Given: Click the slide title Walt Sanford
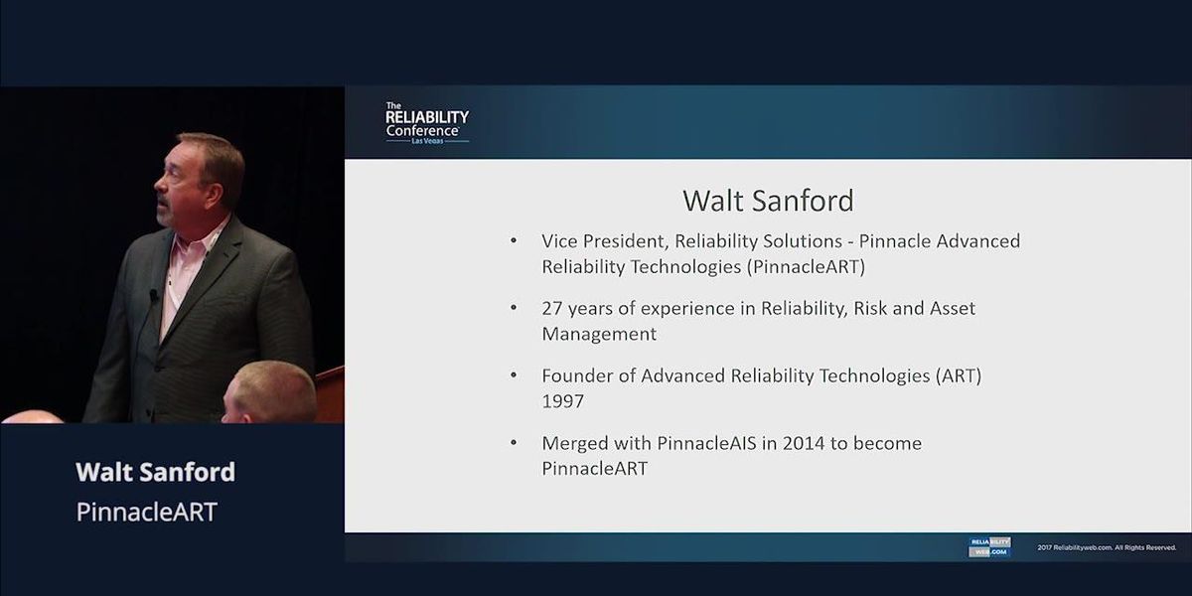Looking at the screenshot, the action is [x=768, y=201].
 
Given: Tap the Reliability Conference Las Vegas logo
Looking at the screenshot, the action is [x=427, y=123].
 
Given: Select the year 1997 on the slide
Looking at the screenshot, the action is [x=562, y=400].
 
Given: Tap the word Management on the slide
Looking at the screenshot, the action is [x=599, y=334].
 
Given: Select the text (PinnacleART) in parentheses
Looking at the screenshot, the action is [x=806, y=266].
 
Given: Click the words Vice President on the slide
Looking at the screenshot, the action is [x=604, y=241].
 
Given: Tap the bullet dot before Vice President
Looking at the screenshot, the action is [x=514, y=240].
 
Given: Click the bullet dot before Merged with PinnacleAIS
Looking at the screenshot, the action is [x=514, y=443].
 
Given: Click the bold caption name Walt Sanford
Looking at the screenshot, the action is [x=155, y=472].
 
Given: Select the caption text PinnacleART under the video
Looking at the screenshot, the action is [x=146, y=512].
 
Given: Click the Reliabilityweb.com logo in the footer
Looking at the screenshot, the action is [x=989, y=547].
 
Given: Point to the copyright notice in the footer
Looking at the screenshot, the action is [x=1107, y=547].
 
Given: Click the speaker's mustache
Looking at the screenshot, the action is [x=165, y=204].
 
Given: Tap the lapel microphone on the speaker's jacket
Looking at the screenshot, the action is [x=154, y=295].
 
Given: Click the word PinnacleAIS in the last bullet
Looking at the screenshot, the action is [x=706, y=443].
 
